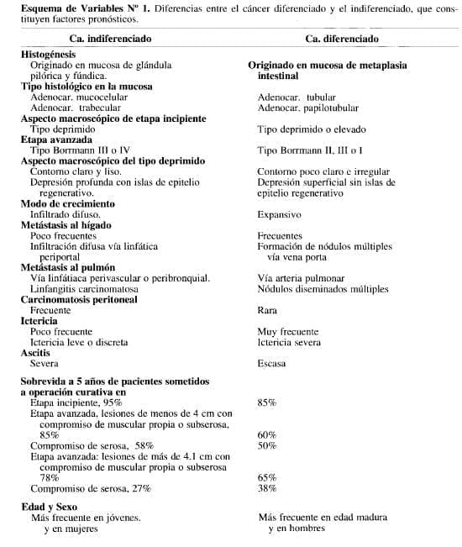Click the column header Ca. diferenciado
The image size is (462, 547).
tap(342, 39)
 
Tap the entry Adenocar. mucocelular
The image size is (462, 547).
tap(79, 97)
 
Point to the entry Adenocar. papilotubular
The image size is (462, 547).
tap(307, 108)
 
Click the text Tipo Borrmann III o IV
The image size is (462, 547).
tap(81, 150)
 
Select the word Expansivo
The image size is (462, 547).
tap(280, 214)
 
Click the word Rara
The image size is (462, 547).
tap(267, 310)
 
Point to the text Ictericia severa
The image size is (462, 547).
tap(291, 342)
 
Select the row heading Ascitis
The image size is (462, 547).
tap(39, 353)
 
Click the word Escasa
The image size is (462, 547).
tap(271, 364)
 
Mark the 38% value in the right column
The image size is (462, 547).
tap(267, 487)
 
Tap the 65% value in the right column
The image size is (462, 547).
tap(267, 476)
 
